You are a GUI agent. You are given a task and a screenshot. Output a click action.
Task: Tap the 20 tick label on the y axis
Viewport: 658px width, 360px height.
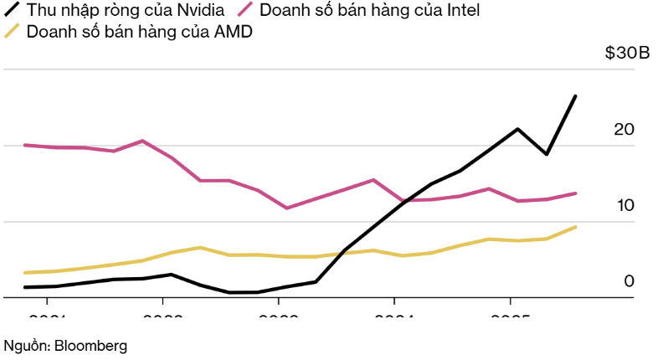[x=625, y=130]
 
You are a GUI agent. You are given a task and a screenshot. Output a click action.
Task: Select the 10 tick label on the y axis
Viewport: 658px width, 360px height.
[x=625, y=206]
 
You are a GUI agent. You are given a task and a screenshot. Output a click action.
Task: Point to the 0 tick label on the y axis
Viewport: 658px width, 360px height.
[x=630, y=281]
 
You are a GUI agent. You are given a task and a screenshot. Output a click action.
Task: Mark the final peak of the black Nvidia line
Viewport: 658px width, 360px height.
[x=575, y=96]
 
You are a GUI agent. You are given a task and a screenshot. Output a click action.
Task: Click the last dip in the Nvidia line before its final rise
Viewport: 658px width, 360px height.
[x=547, y=154]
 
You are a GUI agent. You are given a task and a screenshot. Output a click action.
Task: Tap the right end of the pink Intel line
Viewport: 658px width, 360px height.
[x=575, y=193]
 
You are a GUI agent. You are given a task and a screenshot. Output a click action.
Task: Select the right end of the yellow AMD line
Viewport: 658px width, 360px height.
[x=575, y=227]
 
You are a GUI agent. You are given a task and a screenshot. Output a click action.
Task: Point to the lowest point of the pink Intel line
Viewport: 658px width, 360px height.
[x=287, y=208]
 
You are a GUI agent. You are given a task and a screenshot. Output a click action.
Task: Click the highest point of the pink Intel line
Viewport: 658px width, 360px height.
[x=142, y=141]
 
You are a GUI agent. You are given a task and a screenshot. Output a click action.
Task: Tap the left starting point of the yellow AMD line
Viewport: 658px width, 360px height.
[x=25, y=273]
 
